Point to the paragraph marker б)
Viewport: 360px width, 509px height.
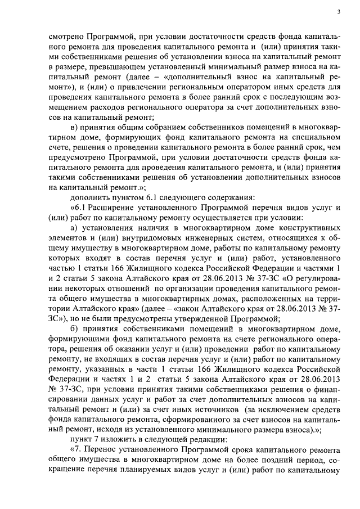tap(73, 330)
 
